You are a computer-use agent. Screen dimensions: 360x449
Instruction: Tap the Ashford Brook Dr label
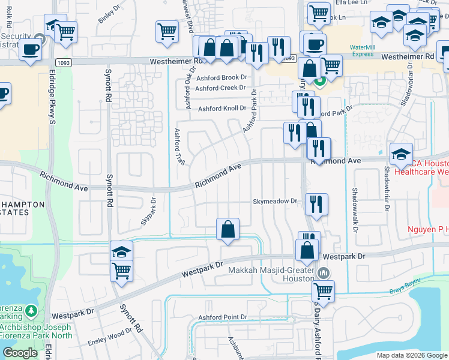[221, 77]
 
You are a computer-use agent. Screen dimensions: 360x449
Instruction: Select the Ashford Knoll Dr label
[222, 109]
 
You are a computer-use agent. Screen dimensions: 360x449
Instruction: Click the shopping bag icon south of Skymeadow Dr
[228, 229]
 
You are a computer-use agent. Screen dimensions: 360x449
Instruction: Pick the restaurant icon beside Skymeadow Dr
[316, 204]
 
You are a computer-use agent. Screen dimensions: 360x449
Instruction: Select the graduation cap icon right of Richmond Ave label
[401, 154]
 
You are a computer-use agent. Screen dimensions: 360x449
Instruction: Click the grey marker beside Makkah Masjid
[324, 273]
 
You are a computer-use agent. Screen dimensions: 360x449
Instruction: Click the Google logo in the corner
[20, 353]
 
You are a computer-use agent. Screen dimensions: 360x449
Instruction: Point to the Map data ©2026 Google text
[411, 355]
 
